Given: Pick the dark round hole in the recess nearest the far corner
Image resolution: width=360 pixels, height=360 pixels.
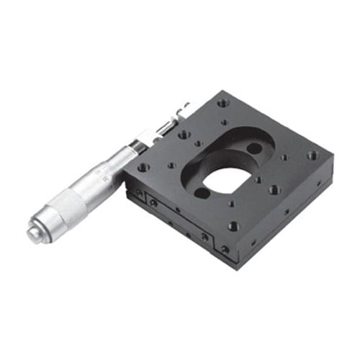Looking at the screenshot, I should [254, 148].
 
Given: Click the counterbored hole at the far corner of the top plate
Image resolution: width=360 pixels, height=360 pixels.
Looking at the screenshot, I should [224, 103].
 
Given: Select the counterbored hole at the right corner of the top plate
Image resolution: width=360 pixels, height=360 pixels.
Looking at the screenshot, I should [311, 155].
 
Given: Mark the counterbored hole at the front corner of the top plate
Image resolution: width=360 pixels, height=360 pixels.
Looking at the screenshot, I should [233, 226].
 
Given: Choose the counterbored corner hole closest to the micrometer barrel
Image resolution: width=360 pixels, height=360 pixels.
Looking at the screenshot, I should [143, 167].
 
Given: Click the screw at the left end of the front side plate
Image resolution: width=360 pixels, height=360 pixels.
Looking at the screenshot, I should [153, 203].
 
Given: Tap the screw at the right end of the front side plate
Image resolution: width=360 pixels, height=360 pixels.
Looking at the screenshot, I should [205, 236].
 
